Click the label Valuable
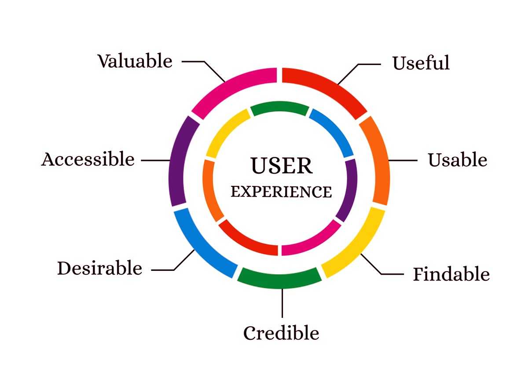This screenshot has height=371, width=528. point(135,61)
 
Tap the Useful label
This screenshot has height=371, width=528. point(421,63)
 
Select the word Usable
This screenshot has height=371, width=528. point(458,160)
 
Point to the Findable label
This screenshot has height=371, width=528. point(451,274)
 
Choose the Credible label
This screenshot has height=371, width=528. point(281,333)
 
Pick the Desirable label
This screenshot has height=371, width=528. point(100,268)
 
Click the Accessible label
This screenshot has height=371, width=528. point(88,159)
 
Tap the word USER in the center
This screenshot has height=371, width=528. point(282,166)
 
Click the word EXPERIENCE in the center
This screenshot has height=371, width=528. point(282,192)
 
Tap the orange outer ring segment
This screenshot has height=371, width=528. point(378,160)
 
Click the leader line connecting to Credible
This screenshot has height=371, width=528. point(282,303)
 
